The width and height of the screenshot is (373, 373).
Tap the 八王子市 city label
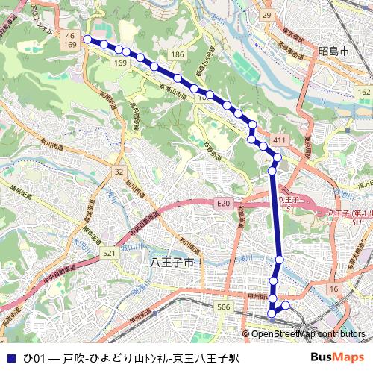172,263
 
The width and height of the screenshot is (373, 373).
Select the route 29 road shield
266,15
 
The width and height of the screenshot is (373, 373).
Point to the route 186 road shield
177,55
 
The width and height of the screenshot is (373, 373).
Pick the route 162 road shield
363,90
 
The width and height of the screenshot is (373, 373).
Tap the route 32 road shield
119,172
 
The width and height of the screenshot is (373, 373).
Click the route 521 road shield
110,254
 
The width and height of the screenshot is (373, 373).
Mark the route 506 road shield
223,307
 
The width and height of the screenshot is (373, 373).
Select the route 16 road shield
333,289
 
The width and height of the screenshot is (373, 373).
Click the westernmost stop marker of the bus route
87,39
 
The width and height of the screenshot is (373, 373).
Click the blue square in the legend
10,357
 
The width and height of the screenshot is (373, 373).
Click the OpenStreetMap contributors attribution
309,333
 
